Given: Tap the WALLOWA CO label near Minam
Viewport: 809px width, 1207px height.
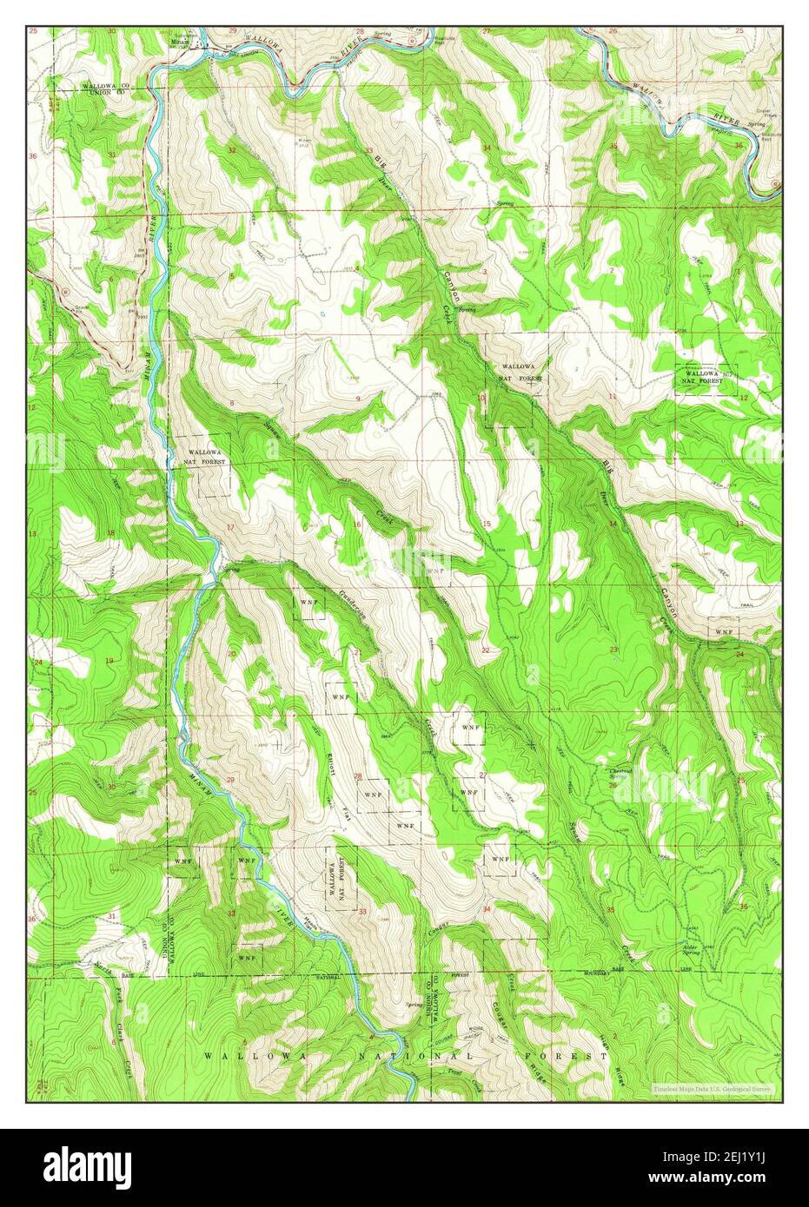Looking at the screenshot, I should coord(106,87).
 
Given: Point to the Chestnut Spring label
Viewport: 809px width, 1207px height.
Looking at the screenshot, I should coord(620,772).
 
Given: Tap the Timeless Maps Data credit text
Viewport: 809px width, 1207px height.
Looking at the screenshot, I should coord(714,1087).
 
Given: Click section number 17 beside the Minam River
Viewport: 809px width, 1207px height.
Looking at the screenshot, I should coord(230,551).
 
